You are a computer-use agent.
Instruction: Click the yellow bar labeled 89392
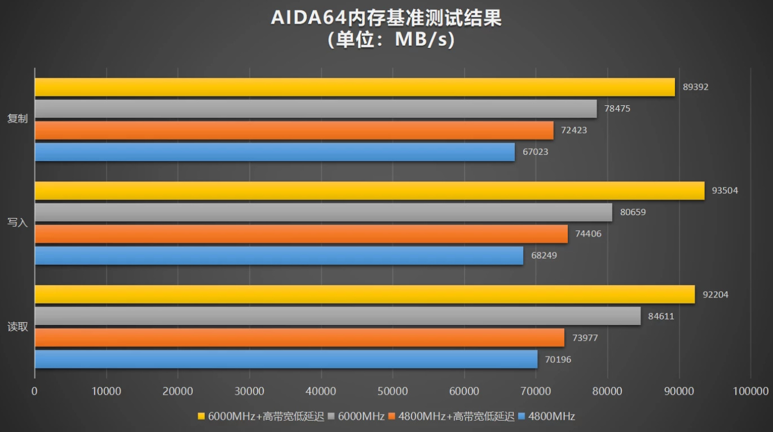(355, 87)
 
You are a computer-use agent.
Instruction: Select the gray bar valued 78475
(316, 109)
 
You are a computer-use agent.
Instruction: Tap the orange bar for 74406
(301, 234)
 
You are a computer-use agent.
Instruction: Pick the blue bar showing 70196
(286, 359)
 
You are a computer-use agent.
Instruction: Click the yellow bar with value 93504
(369, 191)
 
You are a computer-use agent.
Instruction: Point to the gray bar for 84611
(338, 316)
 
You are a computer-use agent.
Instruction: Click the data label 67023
(535, 152)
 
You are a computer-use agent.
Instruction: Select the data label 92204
(715, 295)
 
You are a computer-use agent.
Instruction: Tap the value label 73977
(585, 338)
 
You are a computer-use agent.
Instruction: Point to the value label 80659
(633, 212)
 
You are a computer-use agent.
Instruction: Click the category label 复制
(17, 119)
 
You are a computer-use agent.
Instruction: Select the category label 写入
(17, 222)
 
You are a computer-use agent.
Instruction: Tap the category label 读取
(17, 327)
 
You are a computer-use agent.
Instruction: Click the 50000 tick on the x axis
(392, 391)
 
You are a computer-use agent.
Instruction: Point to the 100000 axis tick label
(750, 391)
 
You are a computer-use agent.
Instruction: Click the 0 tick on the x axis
(34, 391)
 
